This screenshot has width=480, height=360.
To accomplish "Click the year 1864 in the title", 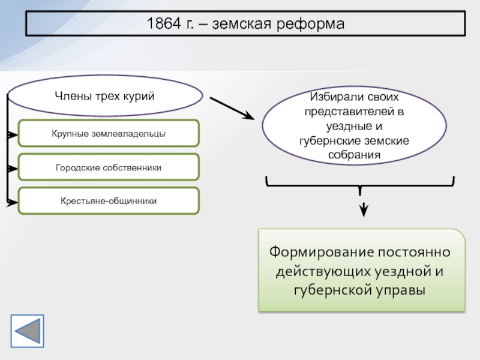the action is [164, 23].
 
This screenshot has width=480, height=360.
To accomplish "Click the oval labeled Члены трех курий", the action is [105, 95].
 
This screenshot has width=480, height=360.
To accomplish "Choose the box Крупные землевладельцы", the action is [109, 133].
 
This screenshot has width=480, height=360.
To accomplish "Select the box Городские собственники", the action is [109, 167].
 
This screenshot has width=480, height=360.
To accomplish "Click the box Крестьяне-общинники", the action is [109, 201].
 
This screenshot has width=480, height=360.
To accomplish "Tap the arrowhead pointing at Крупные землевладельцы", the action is [13, 134].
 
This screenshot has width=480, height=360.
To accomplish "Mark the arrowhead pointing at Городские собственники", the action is [13, 169].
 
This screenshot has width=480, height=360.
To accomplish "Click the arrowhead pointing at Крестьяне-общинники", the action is [13, 202].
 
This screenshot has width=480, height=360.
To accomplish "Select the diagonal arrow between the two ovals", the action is [232, 108].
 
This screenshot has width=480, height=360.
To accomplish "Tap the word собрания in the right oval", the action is [354, 155].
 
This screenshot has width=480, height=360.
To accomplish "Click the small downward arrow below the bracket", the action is [364, 209].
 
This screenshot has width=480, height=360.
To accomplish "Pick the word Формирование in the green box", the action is [322, 253].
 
